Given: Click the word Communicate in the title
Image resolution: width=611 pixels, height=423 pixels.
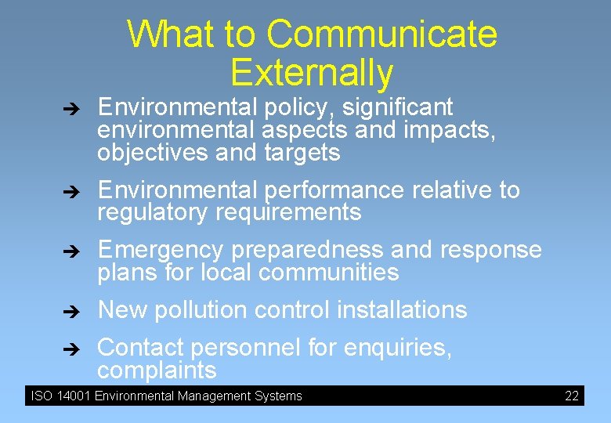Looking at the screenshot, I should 381,34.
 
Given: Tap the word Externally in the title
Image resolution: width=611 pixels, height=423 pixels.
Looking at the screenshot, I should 312,72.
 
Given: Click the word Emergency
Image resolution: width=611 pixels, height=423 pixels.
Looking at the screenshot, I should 160,250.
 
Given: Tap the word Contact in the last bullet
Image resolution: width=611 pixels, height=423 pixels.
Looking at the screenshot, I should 140,347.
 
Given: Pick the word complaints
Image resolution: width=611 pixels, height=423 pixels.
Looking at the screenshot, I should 157,370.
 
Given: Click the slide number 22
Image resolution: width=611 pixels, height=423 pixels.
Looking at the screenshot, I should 572,396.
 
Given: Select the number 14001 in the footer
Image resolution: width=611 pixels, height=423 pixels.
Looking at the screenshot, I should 73,396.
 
